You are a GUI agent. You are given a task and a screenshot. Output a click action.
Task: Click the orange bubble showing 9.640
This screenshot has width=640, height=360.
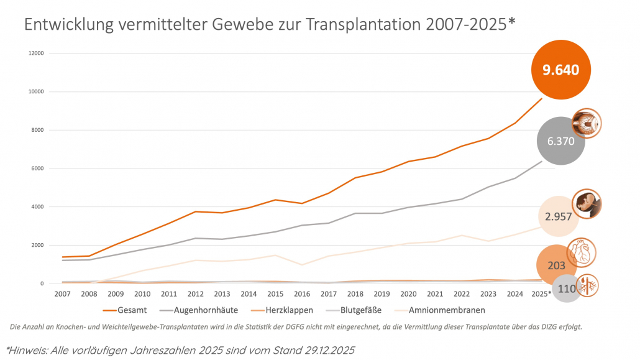click(560, 70)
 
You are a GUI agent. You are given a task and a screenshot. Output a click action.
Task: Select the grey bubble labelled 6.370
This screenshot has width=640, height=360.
click(561, 141)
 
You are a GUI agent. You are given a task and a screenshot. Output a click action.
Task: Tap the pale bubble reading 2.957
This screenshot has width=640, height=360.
click(559, 216)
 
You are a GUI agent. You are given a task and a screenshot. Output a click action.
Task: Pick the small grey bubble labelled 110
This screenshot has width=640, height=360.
click(566, 289)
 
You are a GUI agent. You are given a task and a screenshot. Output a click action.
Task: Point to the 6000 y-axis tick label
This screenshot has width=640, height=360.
click(38, 168)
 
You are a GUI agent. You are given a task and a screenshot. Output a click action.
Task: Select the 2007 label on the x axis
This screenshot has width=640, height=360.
click(62, 292)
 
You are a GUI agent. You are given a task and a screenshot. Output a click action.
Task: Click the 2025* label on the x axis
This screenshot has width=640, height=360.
click(541, 292)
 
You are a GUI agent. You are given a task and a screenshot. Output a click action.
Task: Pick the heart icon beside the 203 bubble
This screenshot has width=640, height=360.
click(583, 252)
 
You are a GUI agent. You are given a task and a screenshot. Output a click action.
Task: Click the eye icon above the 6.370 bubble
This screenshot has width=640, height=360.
click(586, 122)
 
